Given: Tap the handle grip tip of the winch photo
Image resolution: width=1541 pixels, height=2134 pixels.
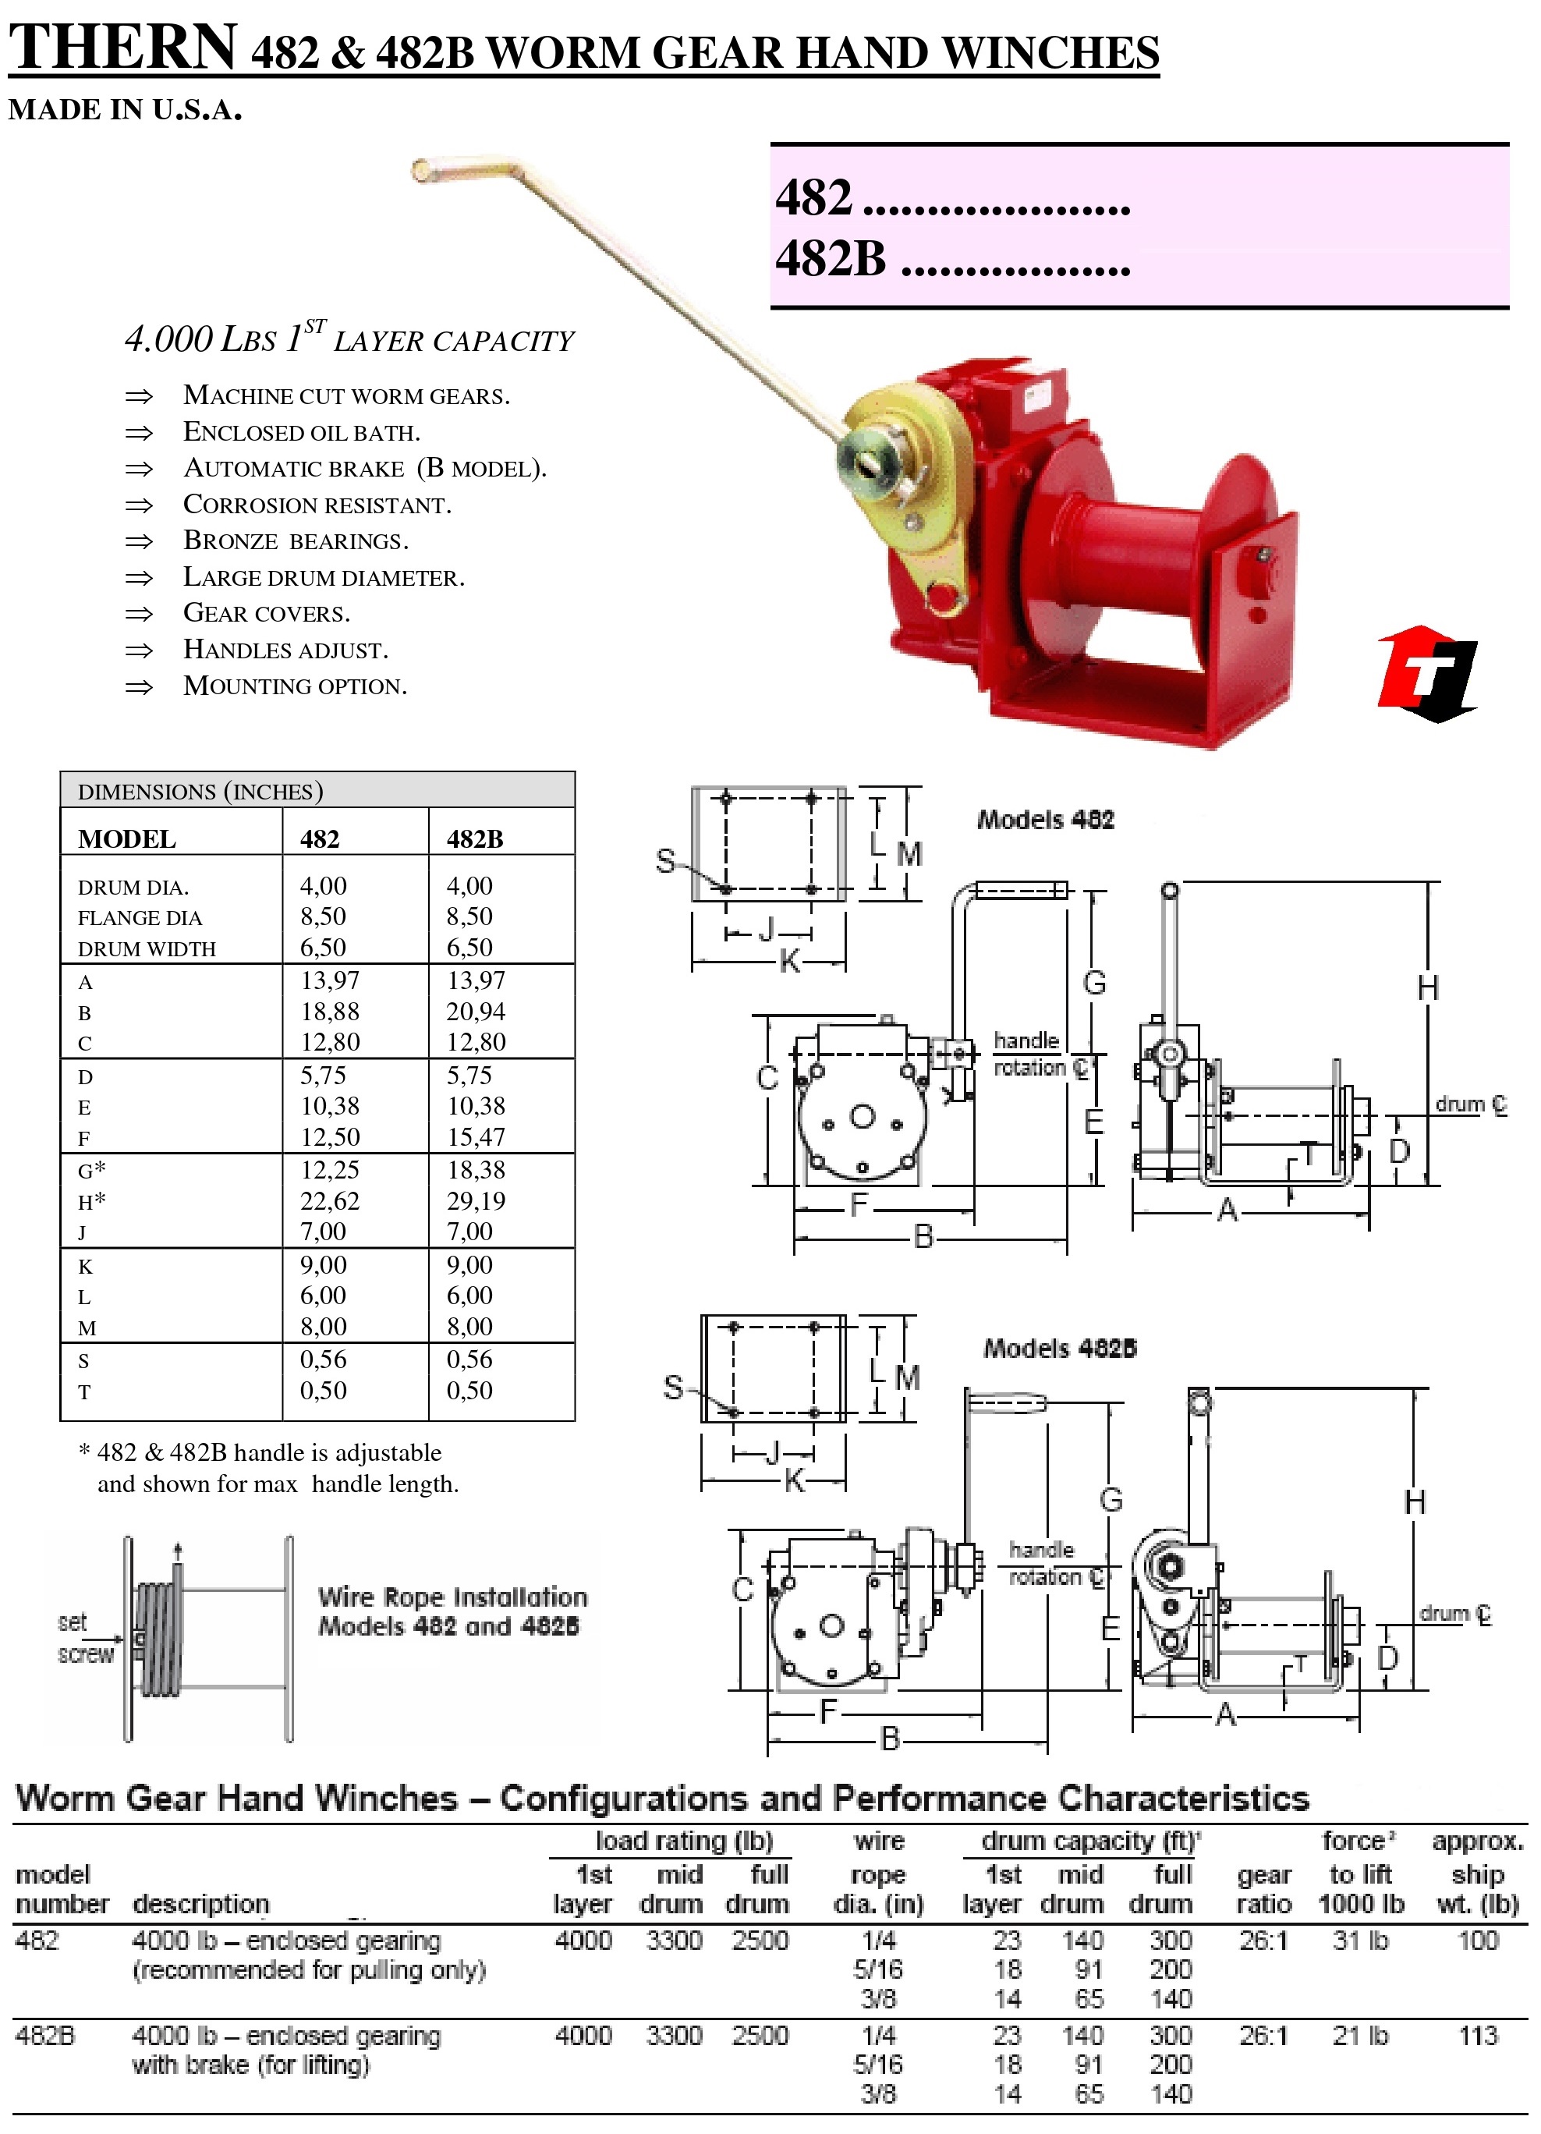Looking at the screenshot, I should point(423,170).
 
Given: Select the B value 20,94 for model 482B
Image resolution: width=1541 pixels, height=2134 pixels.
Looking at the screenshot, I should point(476,1012).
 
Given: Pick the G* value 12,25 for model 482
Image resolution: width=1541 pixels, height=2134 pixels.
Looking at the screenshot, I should point(329,1169).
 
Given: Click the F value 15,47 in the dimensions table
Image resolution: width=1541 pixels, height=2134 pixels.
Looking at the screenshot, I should point(476,1136).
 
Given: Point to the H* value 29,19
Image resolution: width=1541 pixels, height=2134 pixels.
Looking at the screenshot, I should point(476,1200).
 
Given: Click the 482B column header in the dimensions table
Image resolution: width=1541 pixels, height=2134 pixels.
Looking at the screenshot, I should point(475,838).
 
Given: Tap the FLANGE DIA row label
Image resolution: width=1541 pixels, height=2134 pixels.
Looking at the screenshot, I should point(140,917).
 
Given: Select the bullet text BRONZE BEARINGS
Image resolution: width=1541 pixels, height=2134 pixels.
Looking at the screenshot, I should point(296,541).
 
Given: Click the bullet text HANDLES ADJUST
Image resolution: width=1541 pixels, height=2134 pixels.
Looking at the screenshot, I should point(285,649).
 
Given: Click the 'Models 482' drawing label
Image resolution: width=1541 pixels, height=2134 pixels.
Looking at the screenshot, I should point(1045,820).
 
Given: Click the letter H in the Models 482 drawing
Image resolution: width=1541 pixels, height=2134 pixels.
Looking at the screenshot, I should point(1427,988).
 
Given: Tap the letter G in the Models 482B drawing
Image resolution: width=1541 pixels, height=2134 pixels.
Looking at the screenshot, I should point(1111,1499).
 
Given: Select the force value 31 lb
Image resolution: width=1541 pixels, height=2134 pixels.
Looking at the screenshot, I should point(1359,1940).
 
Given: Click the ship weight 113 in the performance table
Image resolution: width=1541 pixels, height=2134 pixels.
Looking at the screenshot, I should point(1477,2035).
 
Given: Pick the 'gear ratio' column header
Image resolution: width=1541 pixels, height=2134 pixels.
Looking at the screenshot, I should point(1263,1889).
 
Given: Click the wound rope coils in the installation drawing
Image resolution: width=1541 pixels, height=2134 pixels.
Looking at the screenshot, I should point(158,1637).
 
